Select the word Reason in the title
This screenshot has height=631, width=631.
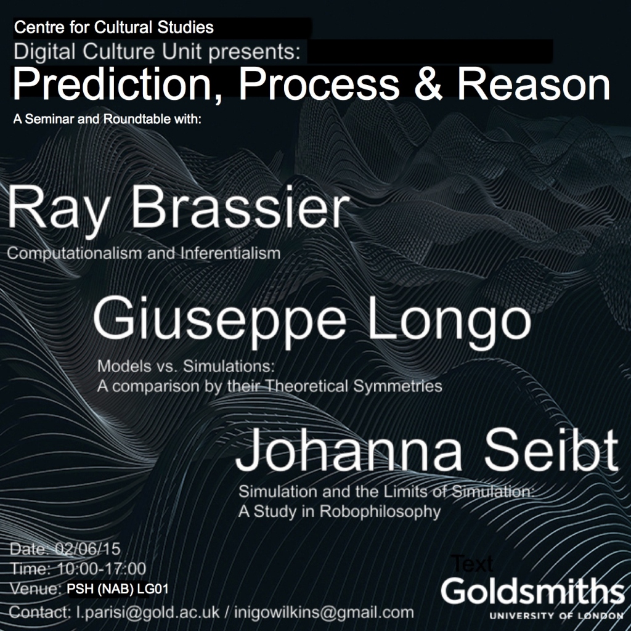point(534,84)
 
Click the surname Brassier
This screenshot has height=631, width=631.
point(240,208)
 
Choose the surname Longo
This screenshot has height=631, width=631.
point(449,318)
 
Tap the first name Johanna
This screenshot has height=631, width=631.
point(349,452)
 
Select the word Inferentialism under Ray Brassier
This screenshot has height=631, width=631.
point(230,253)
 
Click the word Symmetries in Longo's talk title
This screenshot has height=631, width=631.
point(397,386)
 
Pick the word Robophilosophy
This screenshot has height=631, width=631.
point(380,511)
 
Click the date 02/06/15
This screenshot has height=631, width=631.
point(88,549)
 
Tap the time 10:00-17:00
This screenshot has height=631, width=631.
point(102,569)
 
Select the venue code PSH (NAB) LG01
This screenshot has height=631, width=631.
point(118,588)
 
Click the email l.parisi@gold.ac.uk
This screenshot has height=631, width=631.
point(148,612)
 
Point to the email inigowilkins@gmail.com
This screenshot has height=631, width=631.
point(324,612)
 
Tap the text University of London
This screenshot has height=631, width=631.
point(556,616)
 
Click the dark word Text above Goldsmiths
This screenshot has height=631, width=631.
point(473,563)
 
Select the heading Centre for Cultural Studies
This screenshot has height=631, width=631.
point(114,27)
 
